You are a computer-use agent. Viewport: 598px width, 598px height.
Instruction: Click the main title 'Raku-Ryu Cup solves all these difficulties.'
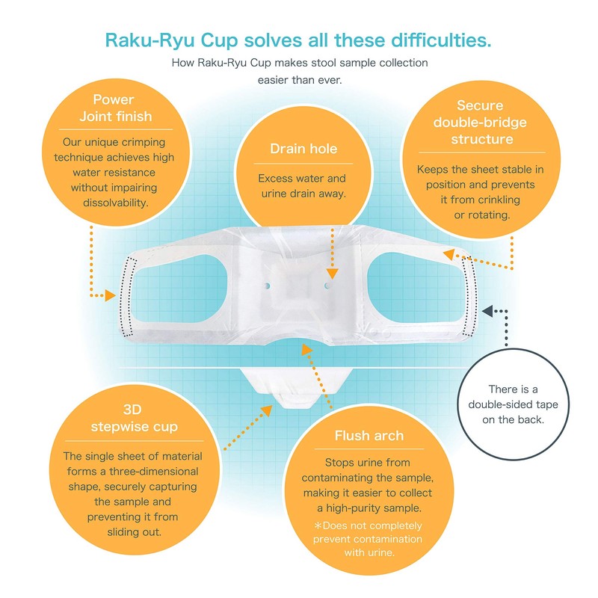pyautogui.click(x=299, y=40)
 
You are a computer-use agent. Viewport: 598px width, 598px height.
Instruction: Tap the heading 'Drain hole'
pyautogui.click(x=303, y=149)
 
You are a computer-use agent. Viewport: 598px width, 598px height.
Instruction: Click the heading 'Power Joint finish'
pyautogui.click(x=115, y=108)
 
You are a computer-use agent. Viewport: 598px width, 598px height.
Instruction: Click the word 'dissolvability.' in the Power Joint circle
pyautogui.click(x=115, y=202)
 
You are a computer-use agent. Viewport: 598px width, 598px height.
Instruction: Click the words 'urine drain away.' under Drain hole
pyautogui.click(x=303, y=194)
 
